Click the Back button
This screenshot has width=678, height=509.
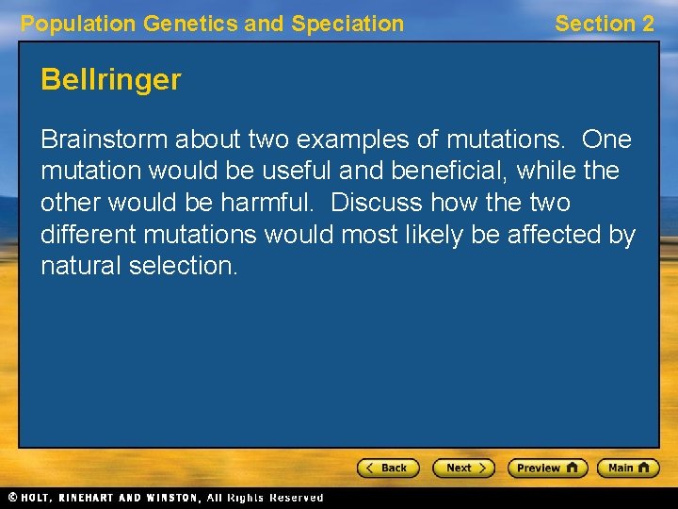(388, 468)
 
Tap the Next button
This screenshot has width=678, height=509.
(463, 468)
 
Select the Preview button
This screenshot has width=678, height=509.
(547, 468)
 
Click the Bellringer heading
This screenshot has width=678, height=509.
(110, 80)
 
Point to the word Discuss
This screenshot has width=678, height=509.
(377, 203)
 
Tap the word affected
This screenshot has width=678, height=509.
(557, 235)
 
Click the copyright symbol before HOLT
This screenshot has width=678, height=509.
(12, 498)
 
